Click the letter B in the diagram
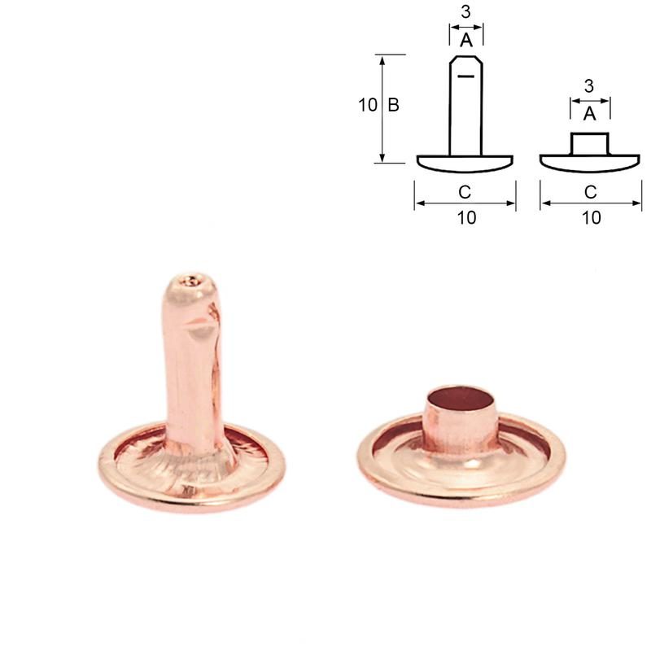pos(393,105)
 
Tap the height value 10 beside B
pos(368,105)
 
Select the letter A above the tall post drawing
pos(466,40)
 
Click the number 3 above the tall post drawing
pos(465,12)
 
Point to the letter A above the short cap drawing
pos(589,114)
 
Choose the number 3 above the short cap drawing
pos(588,86)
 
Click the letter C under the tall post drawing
pos(465,192)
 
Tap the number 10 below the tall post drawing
pos(466,217)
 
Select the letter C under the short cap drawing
pos(591,192)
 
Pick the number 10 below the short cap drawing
pos(592,217)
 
